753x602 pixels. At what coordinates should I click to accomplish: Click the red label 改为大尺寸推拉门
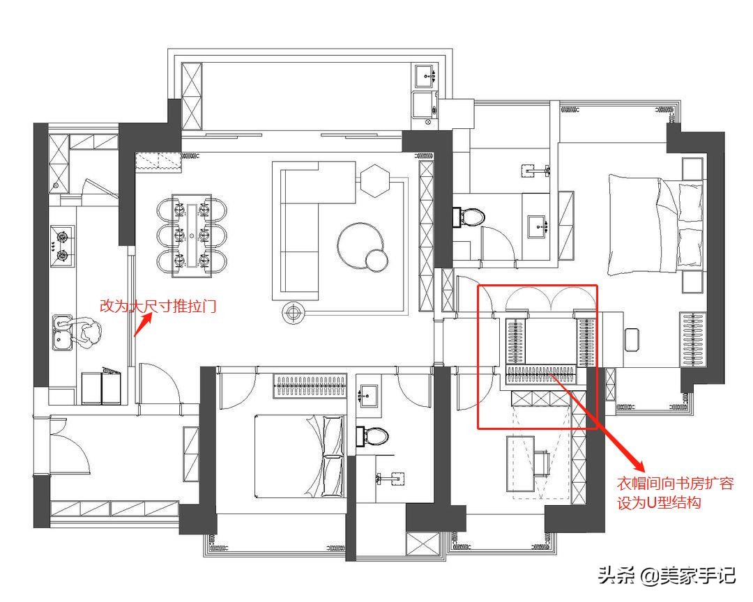click(158, 306)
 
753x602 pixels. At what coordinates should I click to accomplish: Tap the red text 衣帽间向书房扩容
click(675, 483)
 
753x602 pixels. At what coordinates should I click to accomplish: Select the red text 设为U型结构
click(659, 502)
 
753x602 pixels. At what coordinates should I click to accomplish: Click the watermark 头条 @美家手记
click(667, 575)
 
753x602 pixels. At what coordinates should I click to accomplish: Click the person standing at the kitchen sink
click(86, 331)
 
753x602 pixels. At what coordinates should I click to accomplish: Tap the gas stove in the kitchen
click(62, 245)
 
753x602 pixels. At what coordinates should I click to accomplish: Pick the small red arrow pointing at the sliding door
click(143, 325)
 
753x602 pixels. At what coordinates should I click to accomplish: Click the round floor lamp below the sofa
click(293, 313)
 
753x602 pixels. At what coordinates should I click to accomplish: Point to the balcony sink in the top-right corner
click(425, 76)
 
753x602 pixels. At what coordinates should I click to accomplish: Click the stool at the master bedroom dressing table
click(632, 339)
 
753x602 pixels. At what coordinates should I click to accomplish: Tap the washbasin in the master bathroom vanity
click(536, 226)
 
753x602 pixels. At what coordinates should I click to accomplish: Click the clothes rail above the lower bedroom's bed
click(311, 385)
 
